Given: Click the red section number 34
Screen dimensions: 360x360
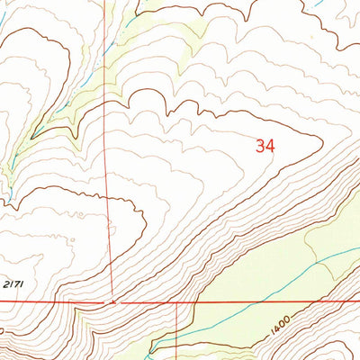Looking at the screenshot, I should click(265, 146).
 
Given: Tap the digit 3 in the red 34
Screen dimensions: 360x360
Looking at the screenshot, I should click(260, 146).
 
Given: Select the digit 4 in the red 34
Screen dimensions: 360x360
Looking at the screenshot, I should click(270, 146).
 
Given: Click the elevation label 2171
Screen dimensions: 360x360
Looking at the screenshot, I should click(13, 284).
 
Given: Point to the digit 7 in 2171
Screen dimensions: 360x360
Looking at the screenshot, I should click(15, 284).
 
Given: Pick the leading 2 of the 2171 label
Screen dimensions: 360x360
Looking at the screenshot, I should click(4, 284).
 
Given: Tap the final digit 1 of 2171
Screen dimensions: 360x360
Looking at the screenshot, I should click(21, 284).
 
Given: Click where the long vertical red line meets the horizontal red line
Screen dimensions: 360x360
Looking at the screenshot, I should click(112, 302).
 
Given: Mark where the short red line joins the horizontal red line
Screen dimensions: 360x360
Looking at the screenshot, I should click(176, 302).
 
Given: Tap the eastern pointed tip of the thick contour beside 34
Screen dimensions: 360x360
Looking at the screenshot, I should click(322, 140).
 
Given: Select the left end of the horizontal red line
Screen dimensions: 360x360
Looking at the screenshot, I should click(0, 302).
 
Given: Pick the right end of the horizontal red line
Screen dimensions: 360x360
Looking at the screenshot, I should click(359, 302).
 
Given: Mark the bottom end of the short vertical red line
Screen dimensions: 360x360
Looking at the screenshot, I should click(176, 359).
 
